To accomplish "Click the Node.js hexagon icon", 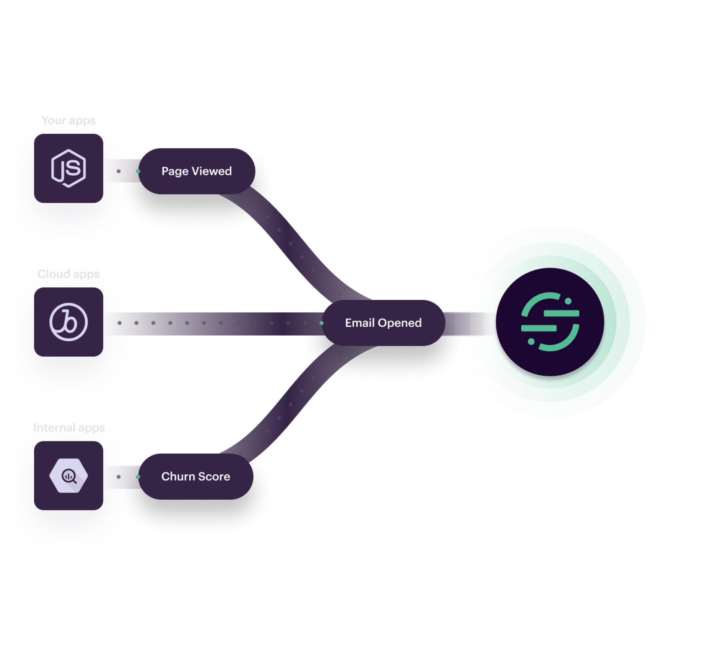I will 69,168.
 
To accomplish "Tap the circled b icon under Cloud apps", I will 69,322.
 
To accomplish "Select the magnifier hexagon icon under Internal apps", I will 69,476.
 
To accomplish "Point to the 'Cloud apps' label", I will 69,274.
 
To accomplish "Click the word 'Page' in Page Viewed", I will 175,172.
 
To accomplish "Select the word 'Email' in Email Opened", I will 360,323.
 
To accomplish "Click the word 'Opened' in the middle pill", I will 400,323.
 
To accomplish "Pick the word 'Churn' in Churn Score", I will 178,476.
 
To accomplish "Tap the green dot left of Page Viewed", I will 138,171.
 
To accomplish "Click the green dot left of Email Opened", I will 322,323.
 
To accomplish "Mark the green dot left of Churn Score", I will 138,476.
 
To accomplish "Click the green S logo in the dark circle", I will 550,322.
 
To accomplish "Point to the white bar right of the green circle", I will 674,322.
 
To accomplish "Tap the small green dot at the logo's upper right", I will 568,301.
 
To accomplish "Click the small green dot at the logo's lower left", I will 531,342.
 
